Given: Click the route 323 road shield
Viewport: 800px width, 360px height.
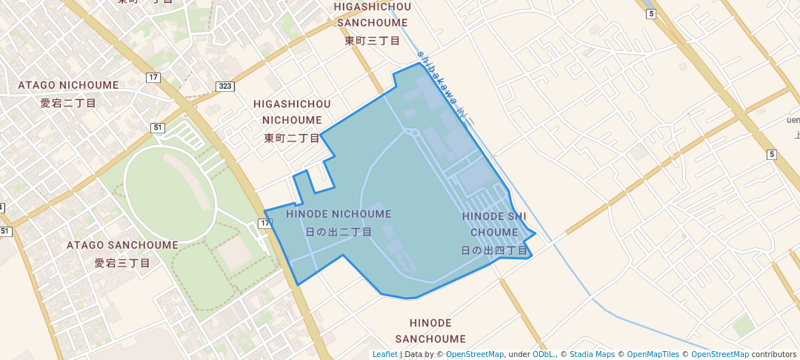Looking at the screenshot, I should point(225,87).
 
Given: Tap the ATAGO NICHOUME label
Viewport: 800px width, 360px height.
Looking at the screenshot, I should point(69,85).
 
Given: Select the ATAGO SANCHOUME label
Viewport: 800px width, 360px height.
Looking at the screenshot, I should point(122,244).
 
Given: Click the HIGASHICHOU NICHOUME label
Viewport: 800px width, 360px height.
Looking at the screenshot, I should point(292,112).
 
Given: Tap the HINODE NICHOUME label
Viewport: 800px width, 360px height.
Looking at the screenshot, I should point(339,214).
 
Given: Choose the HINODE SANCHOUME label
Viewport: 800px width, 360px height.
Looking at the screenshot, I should point(430,331).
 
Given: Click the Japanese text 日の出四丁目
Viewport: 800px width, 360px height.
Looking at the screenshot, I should point(494,250).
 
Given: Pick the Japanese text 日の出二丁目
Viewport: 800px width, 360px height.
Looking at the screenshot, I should point(339,231).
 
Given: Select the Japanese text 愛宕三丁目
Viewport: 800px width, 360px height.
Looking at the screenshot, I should point(122,262).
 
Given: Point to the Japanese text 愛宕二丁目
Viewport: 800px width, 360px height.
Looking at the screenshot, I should point(69,103).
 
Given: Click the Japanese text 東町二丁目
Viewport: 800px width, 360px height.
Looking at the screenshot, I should point(292,138).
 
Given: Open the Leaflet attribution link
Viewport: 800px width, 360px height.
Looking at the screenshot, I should point(384,354).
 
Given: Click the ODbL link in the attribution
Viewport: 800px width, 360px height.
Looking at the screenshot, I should point(543,354).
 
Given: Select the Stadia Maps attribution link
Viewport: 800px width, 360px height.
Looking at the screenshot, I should point(591,354).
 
